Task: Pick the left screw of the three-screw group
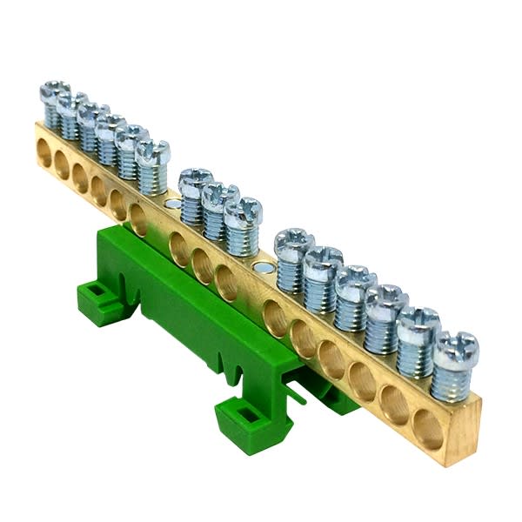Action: [196, 184]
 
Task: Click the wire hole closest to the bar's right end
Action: [427, 429]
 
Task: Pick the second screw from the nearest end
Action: [418, 323]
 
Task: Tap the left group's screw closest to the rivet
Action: [152, 155]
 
